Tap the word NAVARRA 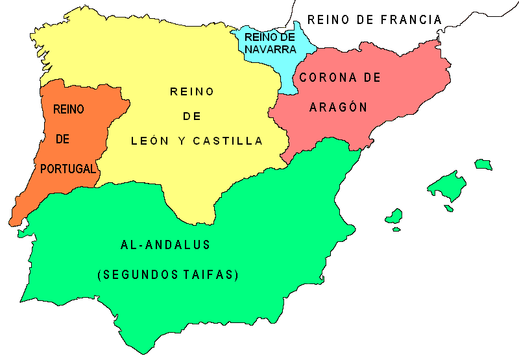point(271,49)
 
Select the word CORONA point(322,78)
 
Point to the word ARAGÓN point(338,108)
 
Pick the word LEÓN point(149,141)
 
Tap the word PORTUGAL point(68,169)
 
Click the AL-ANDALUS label point(166,245)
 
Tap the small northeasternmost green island point(483,164)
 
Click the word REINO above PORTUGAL point(68,110)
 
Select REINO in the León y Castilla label point(192,91)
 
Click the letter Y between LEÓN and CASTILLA point(179,141)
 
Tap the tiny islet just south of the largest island point(448,208)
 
